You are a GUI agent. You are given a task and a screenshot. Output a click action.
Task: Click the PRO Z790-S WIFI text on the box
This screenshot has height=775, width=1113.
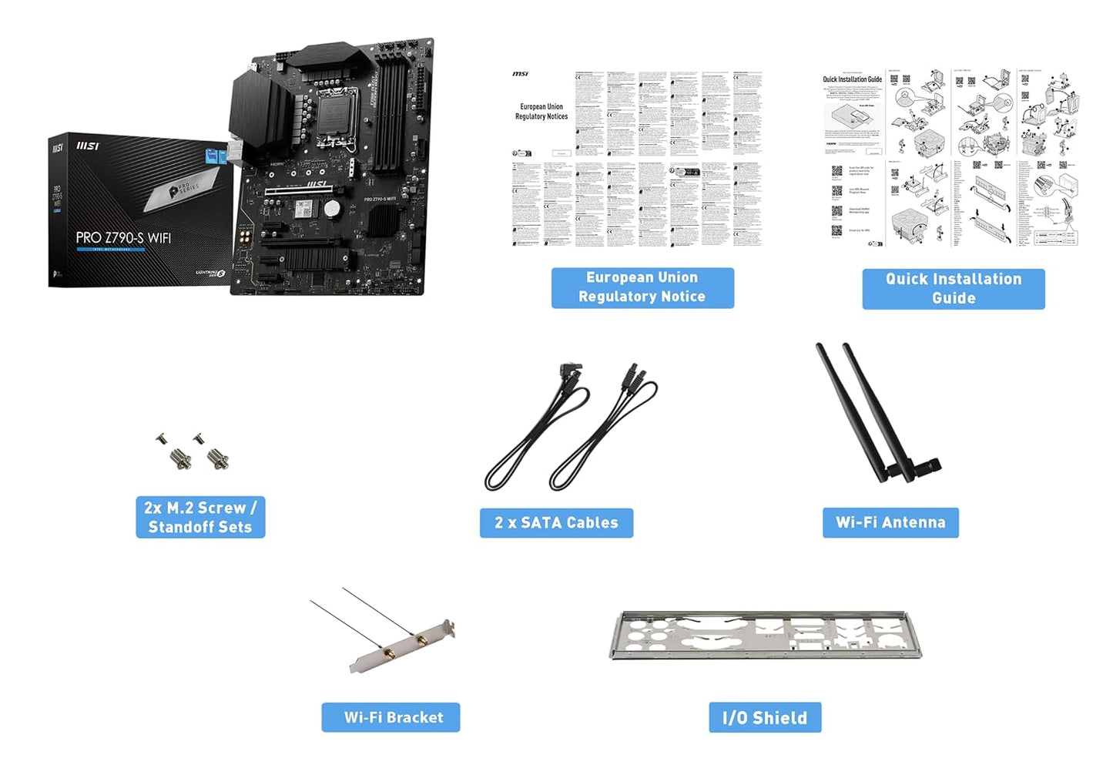click(x=123, y=238)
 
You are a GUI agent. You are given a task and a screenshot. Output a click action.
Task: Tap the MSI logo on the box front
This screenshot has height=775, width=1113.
click(x=88, y=146)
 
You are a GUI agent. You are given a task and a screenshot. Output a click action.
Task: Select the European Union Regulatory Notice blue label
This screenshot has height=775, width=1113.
click(x=642, y=287)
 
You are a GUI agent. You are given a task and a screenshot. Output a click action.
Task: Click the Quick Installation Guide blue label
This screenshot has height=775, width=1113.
click(x=953, y=289)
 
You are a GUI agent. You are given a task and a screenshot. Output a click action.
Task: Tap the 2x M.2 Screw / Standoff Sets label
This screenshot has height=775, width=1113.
click(x=200, y=517)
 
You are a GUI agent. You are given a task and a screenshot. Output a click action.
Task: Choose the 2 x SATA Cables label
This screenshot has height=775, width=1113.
click(x=556, y=523)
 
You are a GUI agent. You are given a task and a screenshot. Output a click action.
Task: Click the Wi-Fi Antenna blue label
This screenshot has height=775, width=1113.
click(x=890, y=522)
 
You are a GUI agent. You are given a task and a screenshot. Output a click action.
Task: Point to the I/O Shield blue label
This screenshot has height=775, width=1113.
click(x=765, y=718)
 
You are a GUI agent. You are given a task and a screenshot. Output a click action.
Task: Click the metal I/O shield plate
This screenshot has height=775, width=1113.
click(x=765, y=636)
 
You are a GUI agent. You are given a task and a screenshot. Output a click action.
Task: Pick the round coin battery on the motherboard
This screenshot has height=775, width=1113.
click(x=331, y=208)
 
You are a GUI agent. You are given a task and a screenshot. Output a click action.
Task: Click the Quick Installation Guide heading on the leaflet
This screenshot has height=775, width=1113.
click(x=852, y=79)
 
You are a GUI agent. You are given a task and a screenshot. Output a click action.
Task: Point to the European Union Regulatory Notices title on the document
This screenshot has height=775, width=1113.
click(x=541, y=112)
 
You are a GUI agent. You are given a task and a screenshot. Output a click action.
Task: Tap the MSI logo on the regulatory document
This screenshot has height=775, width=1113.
click(x=520, y=74)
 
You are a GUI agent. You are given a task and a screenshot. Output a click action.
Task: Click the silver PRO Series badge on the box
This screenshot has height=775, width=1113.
click(x=184, y=190)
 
